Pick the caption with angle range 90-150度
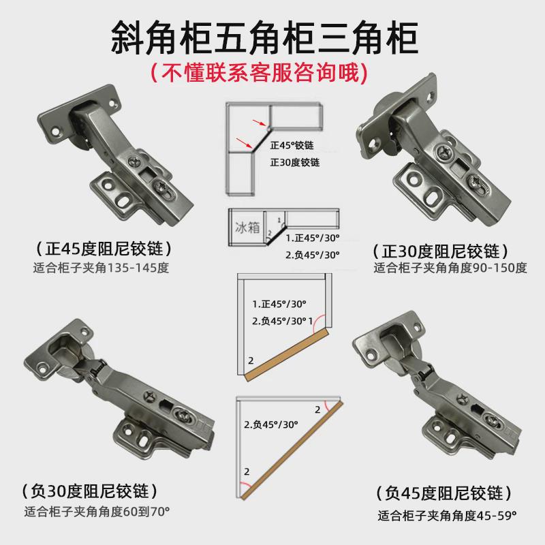tap(450, 268)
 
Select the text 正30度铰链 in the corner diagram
tap(295, 163)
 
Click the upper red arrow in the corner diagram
tap(258, 123)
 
